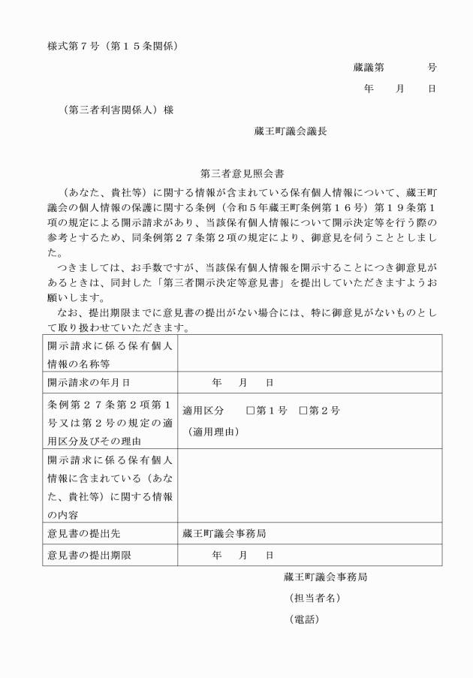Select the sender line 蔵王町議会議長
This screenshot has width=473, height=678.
point(291,129)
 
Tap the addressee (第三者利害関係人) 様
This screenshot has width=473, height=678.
point(120,110)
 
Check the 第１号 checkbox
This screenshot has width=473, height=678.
point(251,411)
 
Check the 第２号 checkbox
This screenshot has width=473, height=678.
point(303,411)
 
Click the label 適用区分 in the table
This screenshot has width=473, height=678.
point(203,411)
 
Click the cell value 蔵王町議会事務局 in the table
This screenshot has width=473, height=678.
point(224,534)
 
